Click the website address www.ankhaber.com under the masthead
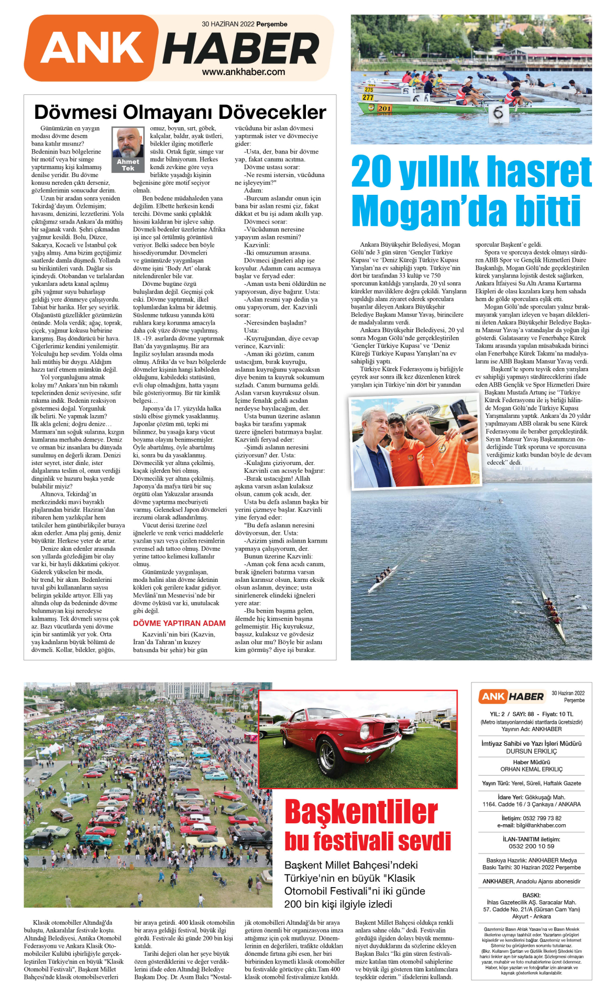(x=244, y=72)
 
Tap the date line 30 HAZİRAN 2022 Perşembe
(x=244, y=24)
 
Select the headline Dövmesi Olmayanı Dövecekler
(x=180, y=112)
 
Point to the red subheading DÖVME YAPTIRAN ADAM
(x=179, y=623)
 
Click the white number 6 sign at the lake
(x=498, y=113)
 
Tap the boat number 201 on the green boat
(x=384, y=108)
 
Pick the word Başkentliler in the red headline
(x=361, y=812)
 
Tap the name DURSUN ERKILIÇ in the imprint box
(x=531, y=751)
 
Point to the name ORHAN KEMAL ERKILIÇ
(x=531, y=769)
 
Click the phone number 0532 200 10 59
(x=531, y=846)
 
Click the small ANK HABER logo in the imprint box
(x=512, y=696)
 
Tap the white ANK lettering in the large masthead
(x=93, y=48)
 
